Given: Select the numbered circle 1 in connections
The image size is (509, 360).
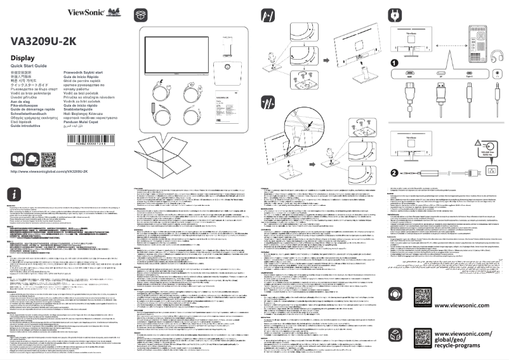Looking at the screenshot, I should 394,63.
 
